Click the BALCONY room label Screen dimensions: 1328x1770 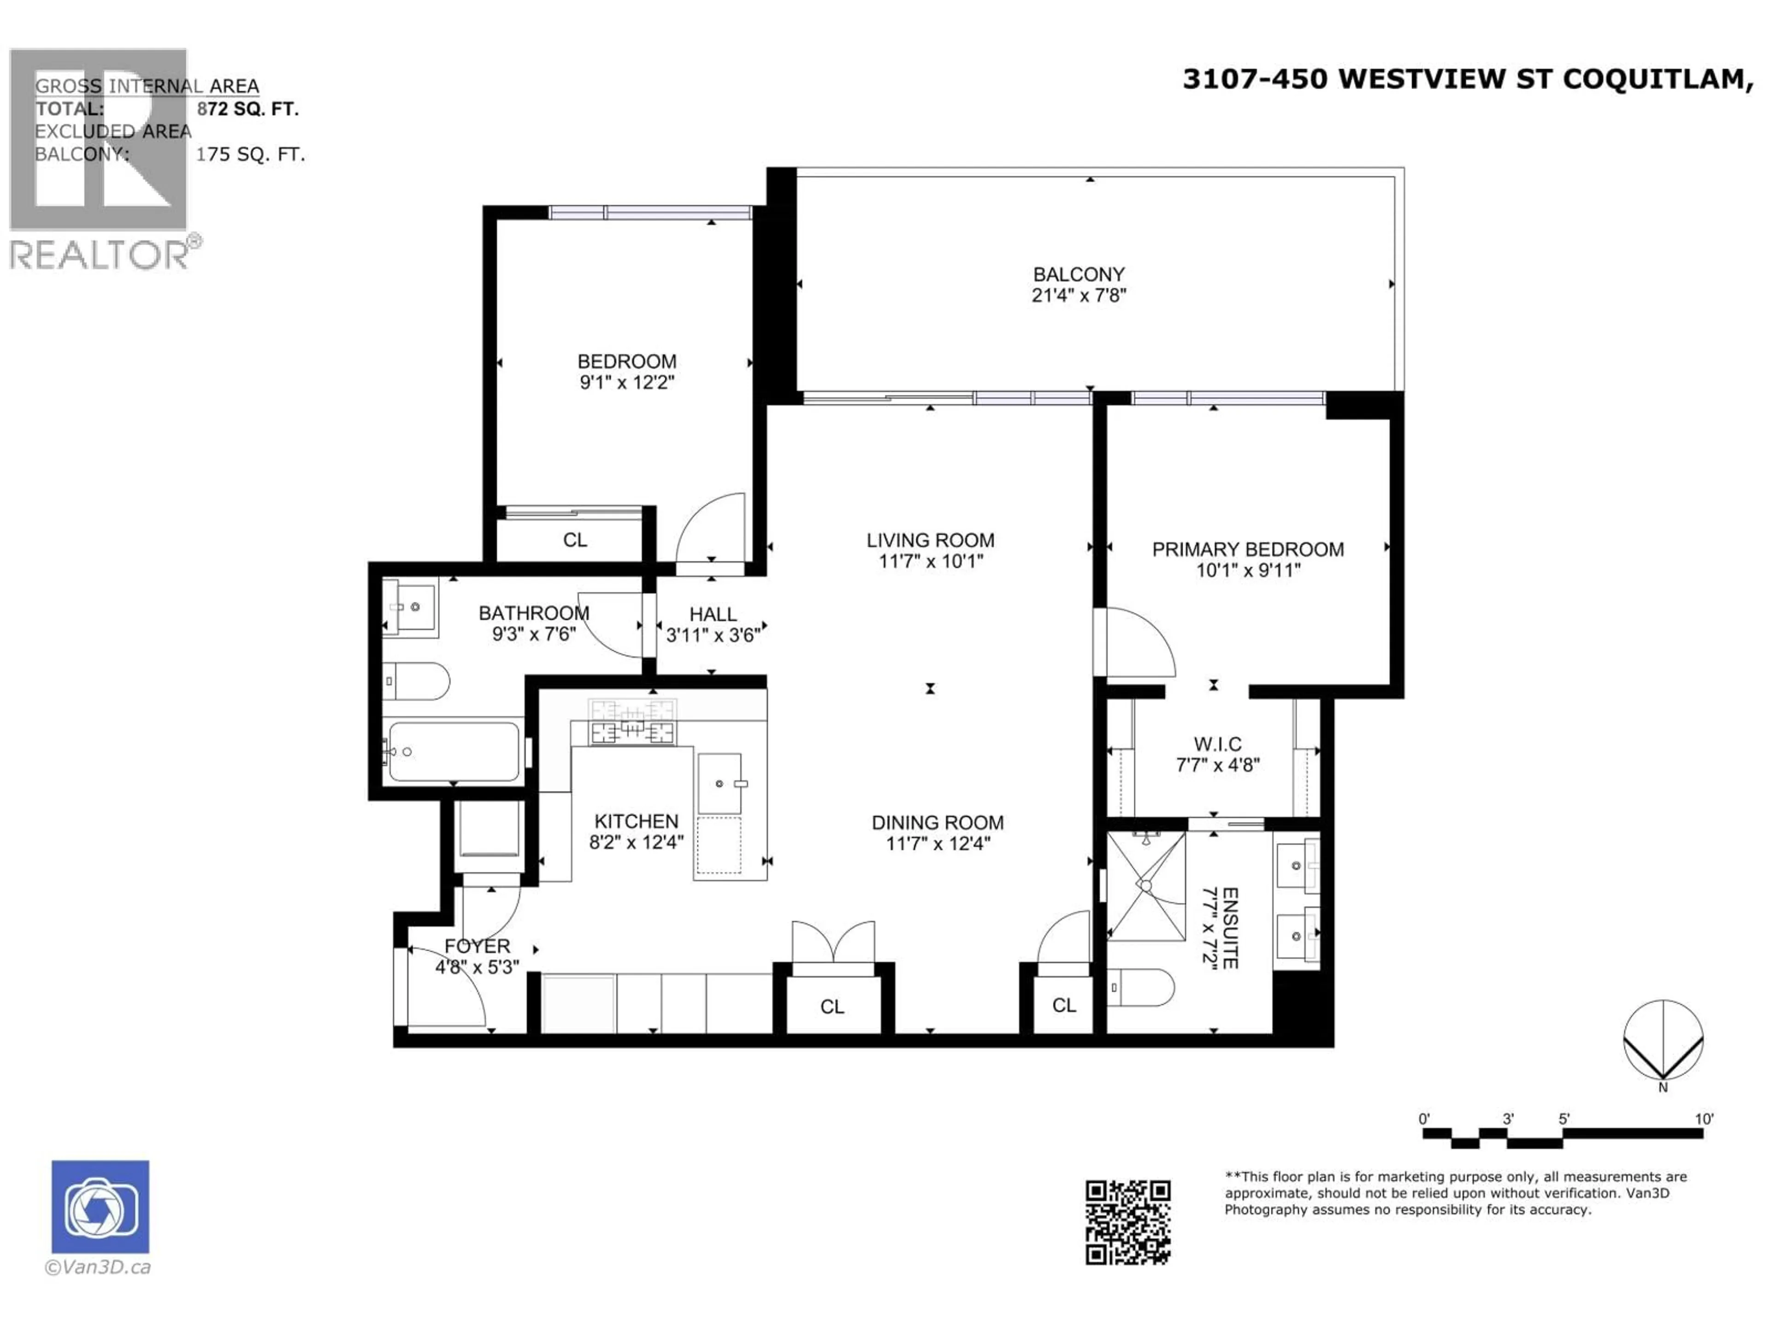(x=1079, y=274)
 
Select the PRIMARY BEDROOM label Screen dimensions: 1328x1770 (x=1247, y=549)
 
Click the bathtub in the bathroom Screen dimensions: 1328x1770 (x=453, y=752)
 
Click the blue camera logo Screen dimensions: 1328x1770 (x=100, y=1206)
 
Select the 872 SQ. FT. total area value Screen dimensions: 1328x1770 (x=248, y=109)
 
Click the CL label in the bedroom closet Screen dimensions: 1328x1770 (x=574, y=540)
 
